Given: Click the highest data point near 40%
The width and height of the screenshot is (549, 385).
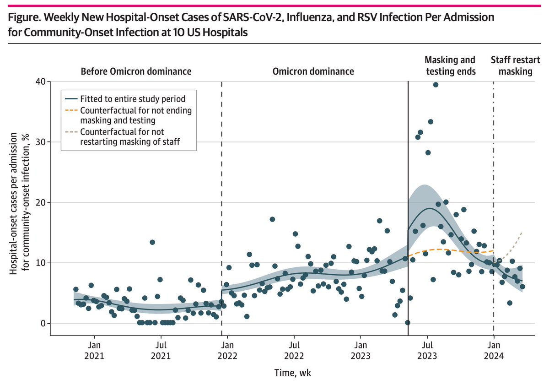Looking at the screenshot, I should pyautogui.click(x=436, y=85).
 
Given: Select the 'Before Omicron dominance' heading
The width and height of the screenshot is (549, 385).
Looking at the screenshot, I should pyautogui.click(x=136, y=71).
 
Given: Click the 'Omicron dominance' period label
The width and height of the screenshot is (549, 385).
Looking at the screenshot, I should pyautogui.click(x=313, y=71).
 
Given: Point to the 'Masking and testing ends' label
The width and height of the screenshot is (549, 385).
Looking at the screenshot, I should pyautogui.click(x=450, y=65).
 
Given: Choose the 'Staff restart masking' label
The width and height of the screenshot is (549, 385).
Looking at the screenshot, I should pyautogui.click(x=511, y=65).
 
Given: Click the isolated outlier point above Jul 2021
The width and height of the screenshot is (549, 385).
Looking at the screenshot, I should pyautogui.click(x=152, y=242).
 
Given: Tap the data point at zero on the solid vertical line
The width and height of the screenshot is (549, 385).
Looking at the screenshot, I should pyautogui.click(x=408, y=323).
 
